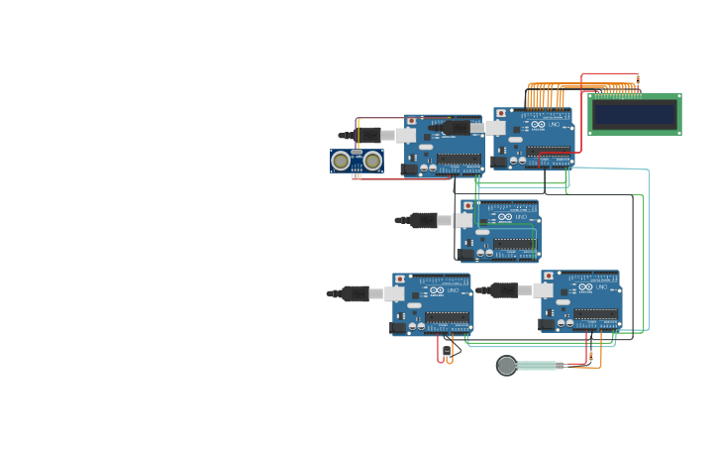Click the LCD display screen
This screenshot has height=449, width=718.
[x=635, y=114]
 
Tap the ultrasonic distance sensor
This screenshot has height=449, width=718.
[x=357, y=161]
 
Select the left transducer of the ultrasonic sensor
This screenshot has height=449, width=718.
[x=341, y=161]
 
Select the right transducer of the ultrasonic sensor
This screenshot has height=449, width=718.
[x=372, y=161]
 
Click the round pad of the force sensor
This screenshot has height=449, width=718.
[x=507, y=366]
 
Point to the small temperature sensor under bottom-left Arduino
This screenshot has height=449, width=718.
[x=447, y=350]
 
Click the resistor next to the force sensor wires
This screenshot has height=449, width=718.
[x=591, y=355]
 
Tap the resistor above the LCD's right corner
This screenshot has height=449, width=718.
[x=638, y=78]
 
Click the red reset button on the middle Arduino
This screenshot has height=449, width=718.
[x=468, y=206]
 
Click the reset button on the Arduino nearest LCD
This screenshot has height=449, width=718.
[x=501, y=114]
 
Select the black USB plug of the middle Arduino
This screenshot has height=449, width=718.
[x=423, y=220]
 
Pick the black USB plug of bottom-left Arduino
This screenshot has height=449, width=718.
[x=355, y=293]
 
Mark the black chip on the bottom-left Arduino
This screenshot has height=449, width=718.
[x=447, y=318]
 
